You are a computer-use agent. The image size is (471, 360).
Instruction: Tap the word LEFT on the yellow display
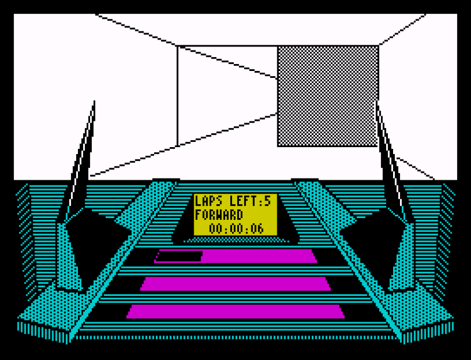(240, 202)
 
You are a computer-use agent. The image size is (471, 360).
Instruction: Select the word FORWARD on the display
(219, 215)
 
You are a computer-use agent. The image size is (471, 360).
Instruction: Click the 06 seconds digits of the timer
(256, 229)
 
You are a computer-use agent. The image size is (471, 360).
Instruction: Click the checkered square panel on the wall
(328, 96)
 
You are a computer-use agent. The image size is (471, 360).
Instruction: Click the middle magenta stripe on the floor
(235, 284)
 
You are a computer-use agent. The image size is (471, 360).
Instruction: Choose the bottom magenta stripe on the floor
(235, 311)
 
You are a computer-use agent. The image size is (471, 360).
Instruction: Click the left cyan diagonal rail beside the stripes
(119, 262)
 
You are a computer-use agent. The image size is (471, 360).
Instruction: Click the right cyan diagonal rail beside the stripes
(352, 262)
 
